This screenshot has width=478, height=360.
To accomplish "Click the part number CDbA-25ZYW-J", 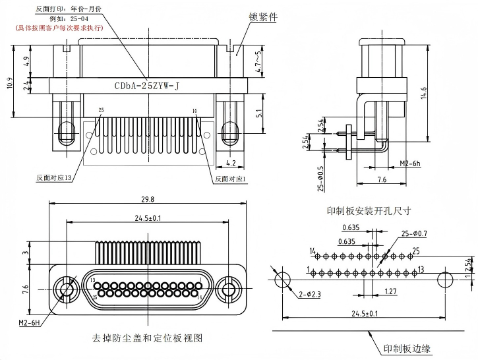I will tap(146, 86).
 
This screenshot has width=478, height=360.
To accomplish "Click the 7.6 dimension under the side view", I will tap(382, 179).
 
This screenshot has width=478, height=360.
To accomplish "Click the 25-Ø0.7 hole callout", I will tap(414, 234).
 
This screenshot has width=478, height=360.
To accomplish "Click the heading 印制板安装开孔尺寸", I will tap(369, 211).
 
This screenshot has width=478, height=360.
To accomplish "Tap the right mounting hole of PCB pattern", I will tap(445, 278).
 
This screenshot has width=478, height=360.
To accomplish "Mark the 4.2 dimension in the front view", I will tap(231, 162).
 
